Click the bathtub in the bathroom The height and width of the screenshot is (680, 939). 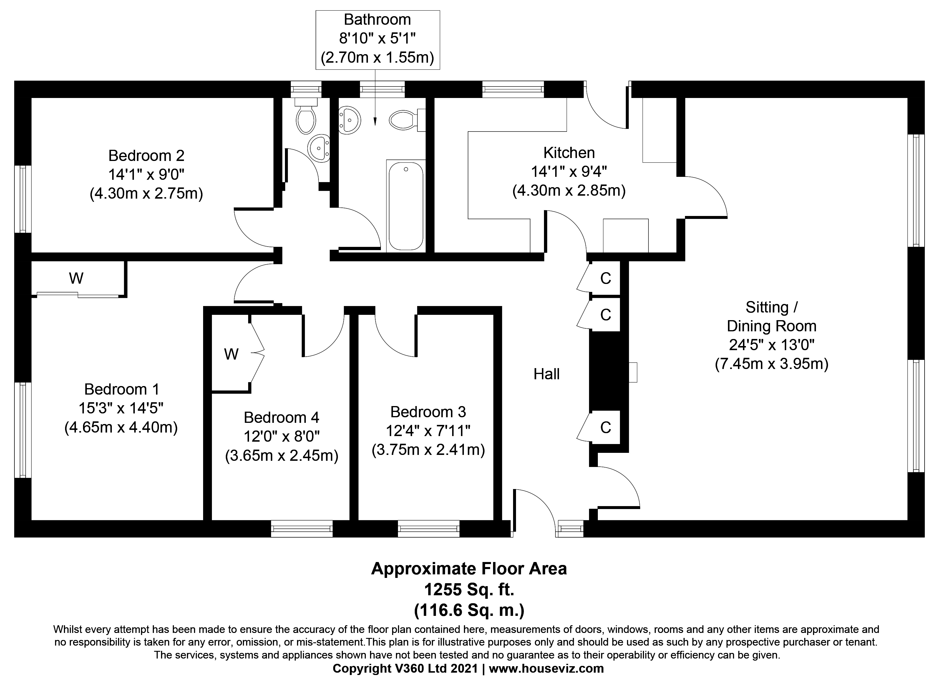click(406, 206)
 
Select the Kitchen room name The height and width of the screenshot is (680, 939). click(569, 153)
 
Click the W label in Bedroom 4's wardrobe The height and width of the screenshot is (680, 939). click(231, 354)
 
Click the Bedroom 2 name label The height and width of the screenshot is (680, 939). click(146, 156)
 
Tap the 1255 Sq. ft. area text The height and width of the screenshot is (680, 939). click(469, 589)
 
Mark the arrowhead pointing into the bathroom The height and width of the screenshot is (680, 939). click(375, 122)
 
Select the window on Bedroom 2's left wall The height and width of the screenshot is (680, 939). click(23, 199)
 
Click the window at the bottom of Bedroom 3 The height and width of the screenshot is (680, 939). click(429, 528)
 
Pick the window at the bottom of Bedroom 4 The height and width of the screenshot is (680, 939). click(302, 528)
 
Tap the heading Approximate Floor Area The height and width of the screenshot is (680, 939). click(469, 569)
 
